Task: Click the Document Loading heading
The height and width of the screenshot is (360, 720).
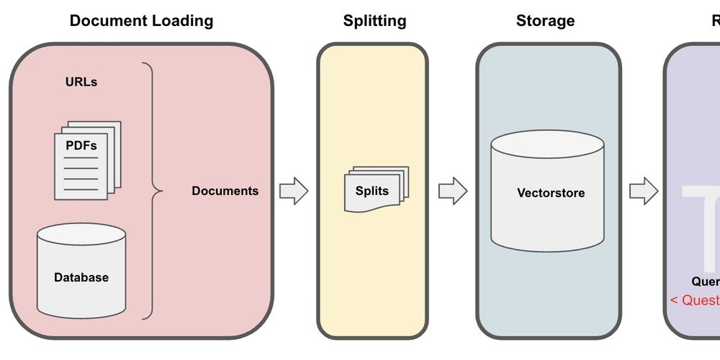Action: (141, 20)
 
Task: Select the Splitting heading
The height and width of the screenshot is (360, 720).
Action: (374, 20)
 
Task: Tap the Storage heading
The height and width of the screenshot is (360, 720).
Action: (545, 20)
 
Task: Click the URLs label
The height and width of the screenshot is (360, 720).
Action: (81, 82)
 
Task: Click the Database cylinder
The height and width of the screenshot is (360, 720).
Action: (81, 271)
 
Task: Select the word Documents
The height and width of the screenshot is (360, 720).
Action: (225, 191)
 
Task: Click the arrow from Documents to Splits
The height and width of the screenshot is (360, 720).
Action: (294, 191)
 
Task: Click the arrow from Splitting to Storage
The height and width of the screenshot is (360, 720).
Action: (453, 191)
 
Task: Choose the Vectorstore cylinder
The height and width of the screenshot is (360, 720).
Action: (547, 191)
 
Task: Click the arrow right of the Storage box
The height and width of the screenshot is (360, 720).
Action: (644, 191)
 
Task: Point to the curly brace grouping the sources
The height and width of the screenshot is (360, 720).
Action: (151, 191)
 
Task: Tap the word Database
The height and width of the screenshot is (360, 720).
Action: (81, 277)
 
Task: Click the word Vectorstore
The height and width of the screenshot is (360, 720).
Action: (551, 193)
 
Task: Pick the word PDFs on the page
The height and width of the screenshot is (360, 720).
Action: (81, 145)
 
